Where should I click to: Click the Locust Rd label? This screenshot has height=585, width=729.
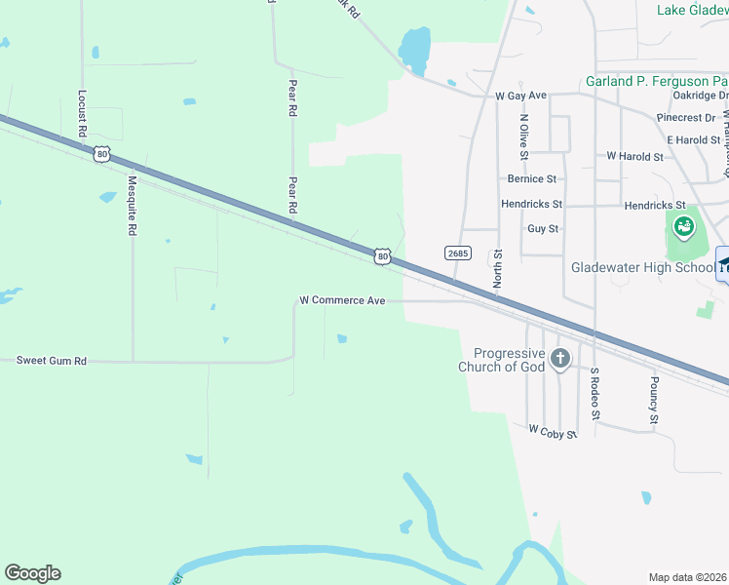click(82, 113)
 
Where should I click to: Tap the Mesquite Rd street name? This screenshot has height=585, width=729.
click(133, 206)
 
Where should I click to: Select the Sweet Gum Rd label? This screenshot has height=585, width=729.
click(52, 361)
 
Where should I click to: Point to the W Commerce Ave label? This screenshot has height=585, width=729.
click(342, 300)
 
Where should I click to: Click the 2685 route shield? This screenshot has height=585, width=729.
click(458, 253)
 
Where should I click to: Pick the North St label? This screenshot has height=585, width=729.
click(497, 266)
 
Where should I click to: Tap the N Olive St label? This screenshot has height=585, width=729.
click(524, 136)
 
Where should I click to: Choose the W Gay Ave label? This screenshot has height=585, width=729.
click(520, 97)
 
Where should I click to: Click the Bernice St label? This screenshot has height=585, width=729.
click(531, 179)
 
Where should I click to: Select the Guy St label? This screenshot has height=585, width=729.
click(542, 229)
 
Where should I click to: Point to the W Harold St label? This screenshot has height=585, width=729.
click(634, 156)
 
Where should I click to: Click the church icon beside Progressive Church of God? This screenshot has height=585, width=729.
click(559, 359)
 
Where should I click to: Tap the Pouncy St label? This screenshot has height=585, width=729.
click(654, 401)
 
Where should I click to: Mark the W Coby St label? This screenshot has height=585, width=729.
click(553, 429)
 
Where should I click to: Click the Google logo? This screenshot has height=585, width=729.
click(32, 573)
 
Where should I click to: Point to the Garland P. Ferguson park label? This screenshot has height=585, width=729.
click(656, 81)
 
